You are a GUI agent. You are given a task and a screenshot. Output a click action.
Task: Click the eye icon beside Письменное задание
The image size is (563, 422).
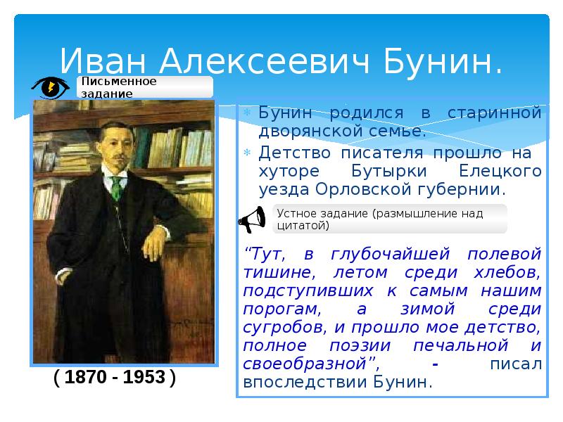[50, 87]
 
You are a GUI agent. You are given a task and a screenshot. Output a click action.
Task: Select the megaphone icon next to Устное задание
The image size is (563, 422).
[251, 219]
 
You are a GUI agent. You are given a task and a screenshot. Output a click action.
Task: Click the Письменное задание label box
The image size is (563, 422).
[145, 87]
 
